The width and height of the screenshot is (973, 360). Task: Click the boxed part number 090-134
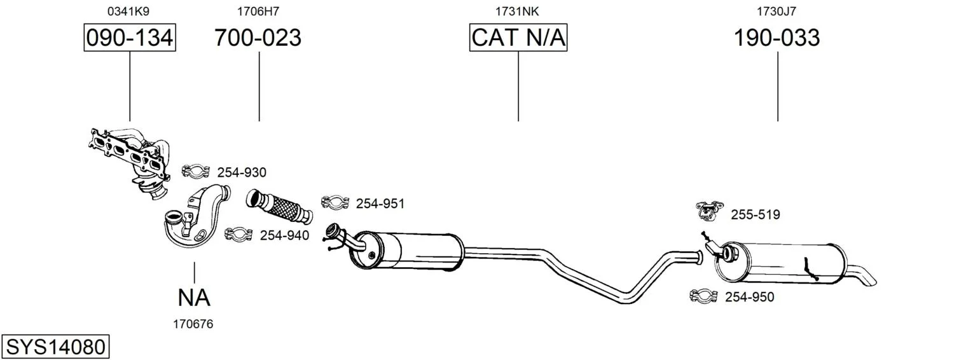(130, 38)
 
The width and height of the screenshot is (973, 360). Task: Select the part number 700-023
(258, 38)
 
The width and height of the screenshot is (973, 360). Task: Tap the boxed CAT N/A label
(518, 38)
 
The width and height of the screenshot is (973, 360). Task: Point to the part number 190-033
(776, 38)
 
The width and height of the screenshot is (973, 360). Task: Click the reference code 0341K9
(128, 11)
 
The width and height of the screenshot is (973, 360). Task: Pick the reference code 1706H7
(258, 11)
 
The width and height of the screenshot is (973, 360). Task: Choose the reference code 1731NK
(517, 11)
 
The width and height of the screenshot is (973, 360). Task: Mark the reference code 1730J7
(776, 11)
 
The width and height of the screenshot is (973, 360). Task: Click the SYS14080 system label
(55, 347)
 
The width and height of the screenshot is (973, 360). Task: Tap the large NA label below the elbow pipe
(194, 298)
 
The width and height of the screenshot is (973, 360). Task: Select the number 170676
(193, 324)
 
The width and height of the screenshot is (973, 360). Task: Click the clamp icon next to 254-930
(196, 171)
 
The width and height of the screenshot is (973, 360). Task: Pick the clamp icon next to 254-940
(238, 234)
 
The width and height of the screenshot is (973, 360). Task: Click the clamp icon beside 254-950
(703, 296)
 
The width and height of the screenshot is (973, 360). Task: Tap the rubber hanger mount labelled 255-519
(709, 210)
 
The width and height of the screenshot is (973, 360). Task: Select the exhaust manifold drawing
(129, 162)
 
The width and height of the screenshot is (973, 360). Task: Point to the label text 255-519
(756, 214)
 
